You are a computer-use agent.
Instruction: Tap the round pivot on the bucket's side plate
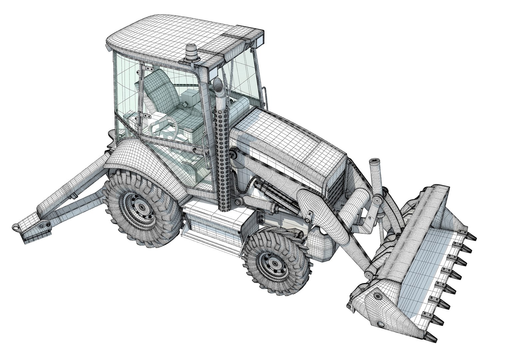377,295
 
